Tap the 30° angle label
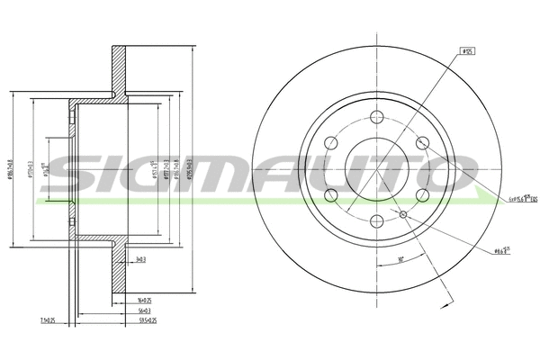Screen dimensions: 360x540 point(399,261)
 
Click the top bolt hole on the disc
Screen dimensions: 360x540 point(376,116)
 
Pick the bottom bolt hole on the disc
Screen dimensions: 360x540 point(376,221)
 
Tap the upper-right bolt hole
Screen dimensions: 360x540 point(421,142)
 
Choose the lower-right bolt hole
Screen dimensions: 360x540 point(421,195)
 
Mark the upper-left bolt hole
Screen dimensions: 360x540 point(330,142)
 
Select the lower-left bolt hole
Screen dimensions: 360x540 point(330,195)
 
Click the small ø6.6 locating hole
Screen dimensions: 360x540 point(402,213)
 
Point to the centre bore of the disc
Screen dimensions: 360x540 point(376,168)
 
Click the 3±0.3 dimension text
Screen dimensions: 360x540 point(139,259)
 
